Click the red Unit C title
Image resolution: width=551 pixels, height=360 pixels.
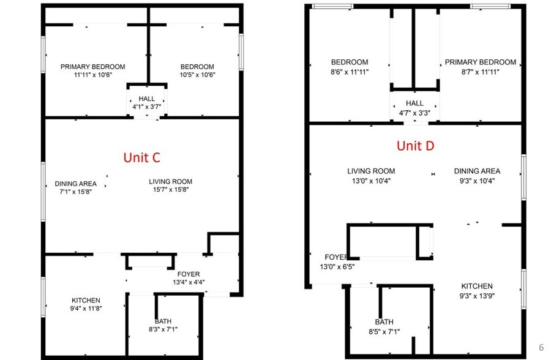point(141,157)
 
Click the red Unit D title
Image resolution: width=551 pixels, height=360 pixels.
point(416,145)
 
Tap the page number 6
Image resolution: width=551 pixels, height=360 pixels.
point(541,347)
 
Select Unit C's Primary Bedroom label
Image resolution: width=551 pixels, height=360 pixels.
point(92,67)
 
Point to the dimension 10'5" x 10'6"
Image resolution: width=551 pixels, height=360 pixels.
point(197,75)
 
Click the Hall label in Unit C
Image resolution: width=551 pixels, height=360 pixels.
point(147,99)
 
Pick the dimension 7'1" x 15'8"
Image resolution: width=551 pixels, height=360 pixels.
point(76,192)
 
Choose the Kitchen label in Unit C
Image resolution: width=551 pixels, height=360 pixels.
point(86,300)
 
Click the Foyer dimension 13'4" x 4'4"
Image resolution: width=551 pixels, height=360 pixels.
point(189,282)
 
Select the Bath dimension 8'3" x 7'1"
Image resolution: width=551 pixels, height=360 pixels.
point(163,329)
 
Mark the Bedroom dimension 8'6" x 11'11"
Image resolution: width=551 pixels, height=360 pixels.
point(350,70)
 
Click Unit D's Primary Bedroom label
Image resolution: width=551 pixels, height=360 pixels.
point(481,62)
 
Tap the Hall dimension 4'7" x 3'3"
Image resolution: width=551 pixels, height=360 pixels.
point(414,112)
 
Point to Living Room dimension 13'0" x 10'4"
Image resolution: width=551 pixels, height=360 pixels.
point(371,180)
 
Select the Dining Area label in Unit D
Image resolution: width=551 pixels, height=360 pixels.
point(477,171)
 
